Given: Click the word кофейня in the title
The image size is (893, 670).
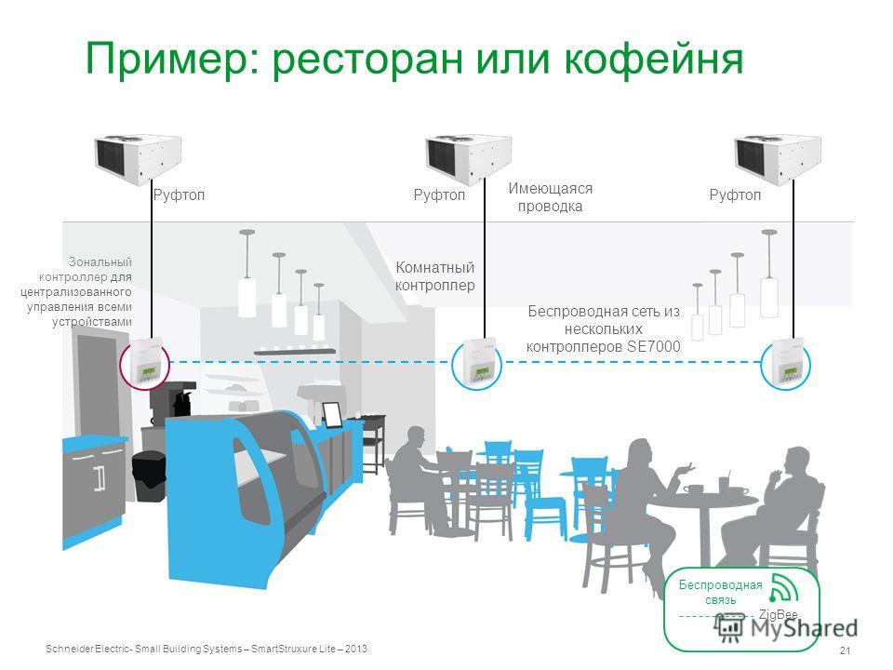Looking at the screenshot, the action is coord(654,60).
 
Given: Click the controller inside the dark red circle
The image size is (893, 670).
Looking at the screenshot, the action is coord(146,360).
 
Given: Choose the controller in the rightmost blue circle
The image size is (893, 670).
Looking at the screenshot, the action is coord(788,362).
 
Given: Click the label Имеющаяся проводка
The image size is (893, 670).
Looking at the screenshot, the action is coord(550,197).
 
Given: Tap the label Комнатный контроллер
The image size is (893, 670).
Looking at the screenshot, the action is coord(435,276).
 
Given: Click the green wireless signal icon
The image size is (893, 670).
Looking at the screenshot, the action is coord(783,588).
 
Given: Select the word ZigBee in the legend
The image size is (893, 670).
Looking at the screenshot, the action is coord(778,615).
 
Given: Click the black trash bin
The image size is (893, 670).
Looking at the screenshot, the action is coord(149,476).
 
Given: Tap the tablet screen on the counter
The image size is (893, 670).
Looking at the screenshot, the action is coord(332,414).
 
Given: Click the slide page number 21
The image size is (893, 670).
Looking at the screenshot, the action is coord(846,650).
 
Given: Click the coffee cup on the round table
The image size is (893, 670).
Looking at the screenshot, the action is coord(693,489).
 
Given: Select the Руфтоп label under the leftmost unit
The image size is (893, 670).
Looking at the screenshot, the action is coord(179,194).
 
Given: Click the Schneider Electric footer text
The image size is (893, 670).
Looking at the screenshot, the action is coord(207,649).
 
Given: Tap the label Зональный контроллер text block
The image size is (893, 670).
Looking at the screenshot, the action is coord(76,291).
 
